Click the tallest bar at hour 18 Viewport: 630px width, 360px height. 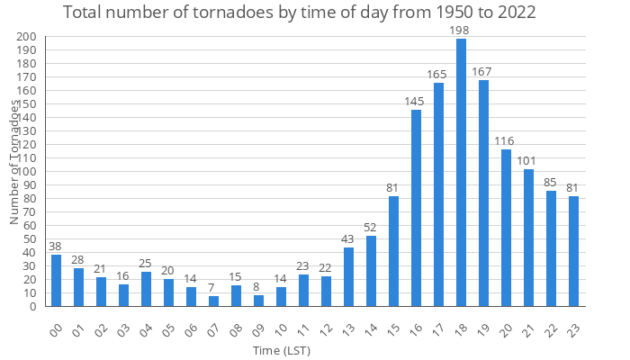(461, 173)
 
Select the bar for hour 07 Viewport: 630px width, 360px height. (213, 301)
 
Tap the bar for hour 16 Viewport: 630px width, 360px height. (416, 208)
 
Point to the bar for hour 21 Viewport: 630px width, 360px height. (528, 238)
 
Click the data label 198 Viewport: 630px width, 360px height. (461, 31)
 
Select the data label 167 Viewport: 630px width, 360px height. (483, 72)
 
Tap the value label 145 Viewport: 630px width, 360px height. (416, 102)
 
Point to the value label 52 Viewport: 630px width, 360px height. (371, 228)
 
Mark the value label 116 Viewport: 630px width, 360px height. (506, 141)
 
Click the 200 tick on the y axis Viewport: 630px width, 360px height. (27, 37)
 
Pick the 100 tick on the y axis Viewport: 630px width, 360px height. (27, 172)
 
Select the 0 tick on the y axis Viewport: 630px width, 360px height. (32, 307)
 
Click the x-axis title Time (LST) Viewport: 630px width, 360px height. (281, 349)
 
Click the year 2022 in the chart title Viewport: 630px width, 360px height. (510, 13)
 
